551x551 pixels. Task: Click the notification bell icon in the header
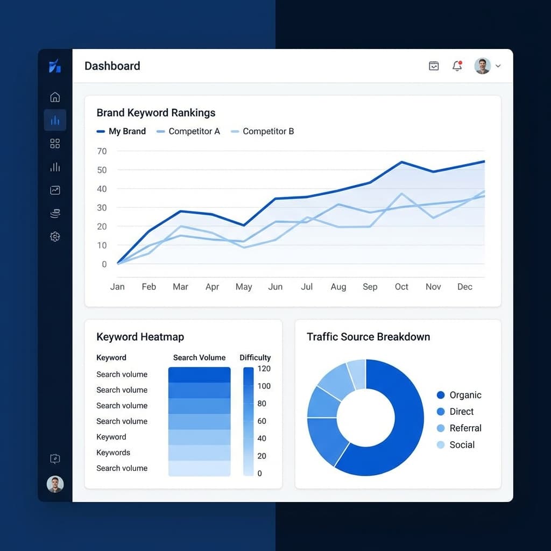click(x=457, y=66)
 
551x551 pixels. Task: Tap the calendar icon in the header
click(x=434, y=66)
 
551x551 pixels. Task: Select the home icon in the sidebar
click(x=55, y=97)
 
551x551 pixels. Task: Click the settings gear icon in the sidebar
click(x=55, y=236)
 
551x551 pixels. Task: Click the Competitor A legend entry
click(x=188, y=131)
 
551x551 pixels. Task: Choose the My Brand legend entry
click(x=121, y=131)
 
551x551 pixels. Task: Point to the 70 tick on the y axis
click(x=102, y=151)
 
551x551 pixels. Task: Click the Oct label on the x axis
click(x=401, y=287)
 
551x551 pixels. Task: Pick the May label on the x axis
click(x=244, y=287)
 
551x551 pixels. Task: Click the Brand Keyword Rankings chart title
click(x=156, y=112)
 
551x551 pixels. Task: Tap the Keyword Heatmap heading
click(x=140, y=337)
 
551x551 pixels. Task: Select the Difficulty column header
click(x=255, y=357)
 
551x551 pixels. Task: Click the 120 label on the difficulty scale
click(x=264, y=369)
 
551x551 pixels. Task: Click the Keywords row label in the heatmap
click(x=114, y=453)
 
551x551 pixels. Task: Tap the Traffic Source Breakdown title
click(x=369, y=337)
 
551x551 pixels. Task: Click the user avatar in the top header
click(x=482, y=66)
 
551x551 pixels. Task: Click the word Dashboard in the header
click(x=112, y=66)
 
